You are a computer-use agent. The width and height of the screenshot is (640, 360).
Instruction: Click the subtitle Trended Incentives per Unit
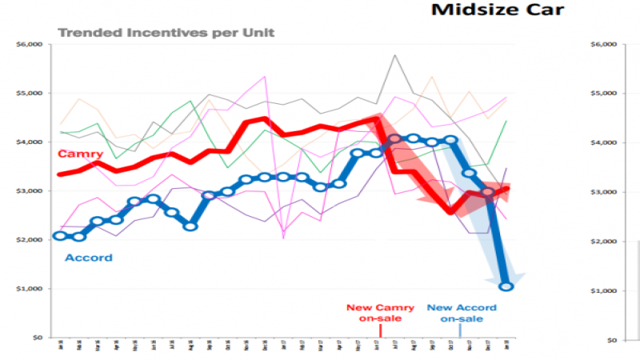pyautogui.click(x=165, y=33)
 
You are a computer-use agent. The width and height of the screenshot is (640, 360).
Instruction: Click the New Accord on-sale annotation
pyautogui.click(x=461, y=313)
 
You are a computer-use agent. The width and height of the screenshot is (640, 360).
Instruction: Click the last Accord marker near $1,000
pyautogui.click(x=506, y=286)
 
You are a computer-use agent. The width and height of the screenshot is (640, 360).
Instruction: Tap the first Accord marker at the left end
pyautogui.click(x=59, y=235)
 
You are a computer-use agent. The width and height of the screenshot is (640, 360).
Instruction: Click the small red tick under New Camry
pyautogui.click(x=381, y=330)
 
